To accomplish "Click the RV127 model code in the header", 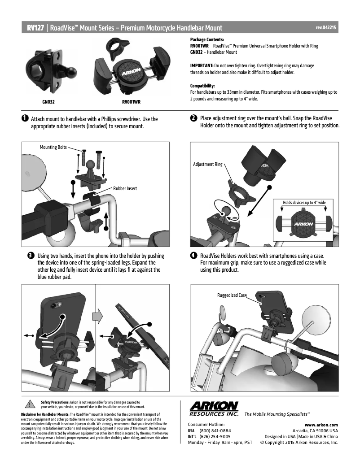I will click(35, 28).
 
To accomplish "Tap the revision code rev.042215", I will click(326, 28).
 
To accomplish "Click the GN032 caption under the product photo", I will click(48, 102).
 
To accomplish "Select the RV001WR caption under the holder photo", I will click(131, 102).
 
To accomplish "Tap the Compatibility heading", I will click(202, 85).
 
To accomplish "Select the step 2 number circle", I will click(193, 118).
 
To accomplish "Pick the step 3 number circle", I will click(30, 255).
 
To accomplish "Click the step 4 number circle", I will click(193, 255).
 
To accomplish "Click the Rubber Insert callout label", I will click(125, 188).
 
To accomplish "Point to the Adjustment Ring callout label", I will click(207, 165).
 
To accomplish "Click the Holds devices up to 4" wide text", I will click(304, 203).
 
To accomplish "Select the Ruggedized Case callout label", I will click(232, 296).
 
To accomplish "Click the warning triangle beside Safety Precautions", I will click(30, 405).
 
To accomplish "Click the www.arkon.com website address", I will click(321, 425).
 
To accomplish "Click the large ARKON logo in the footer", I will click(214, 406).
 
